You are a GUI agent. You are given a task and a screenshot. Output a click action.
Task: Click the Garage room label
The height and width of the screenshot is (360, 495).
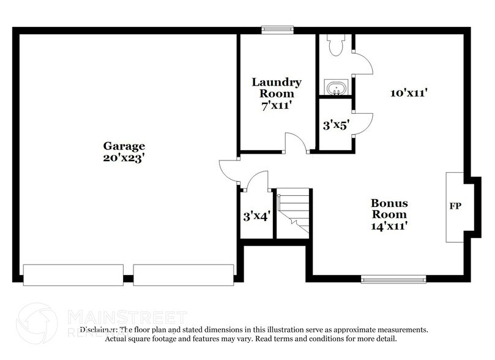pos(124,146)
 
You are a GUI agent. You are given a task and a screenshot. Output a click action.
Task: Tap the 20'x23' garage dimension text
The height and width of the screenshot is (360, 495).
pos(124,157)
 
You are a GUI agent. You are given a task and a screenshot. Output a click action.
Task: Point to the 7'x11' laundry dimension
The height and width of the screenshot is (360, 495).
pos(277,105)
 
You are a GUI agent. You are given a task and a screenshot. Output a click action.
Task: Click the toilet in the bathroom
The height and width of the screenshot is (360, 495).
pos(335,46)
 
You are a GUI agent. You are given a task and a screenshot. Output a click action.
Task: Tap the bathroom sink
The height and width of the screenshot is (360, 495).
pos(335,89)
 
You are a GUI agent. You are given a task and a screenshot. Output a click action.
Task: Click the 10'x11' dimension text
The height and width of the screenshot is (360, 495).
pos(408,93)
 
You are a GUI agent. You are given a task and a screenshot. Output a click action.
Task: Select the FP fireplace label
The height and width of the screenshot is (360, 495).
pos(455,206)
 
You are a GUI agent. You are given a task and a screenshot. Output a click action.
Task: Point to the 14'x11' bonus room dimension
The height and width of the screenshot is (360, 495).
pos(389,225)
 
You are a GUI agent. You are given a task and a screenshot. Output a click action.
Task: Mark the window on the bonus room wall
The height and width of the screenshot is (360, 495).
pos(393,279)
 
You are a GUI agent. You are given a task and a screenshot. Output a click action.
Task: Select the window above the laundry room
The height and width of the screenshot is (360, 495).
pos(277,29)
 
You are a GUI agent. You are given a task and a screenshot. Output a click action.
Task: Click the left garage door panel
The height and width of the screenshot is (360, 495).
pos(73,274)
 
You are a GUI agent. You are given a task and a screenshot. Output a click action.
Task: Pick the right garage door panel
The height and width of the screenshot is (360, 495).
pos(184,274)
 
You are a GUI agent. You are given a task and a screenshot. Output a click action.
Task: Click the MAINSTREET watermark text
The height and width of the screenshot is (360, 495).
pos(125,317)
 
